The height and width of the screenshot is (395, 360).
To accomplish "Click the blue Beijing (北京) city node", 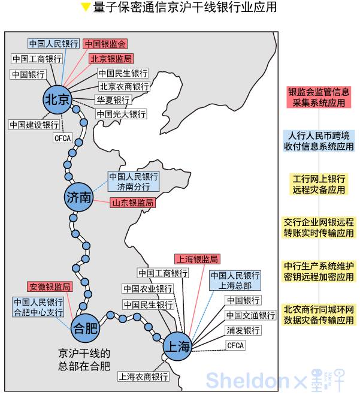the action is point(58,99).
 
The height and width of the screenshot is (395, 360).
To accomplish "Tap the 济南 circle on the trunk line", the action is point(78,197).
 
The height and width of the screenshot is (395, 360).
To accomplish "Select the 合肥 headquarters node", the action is point(84,327).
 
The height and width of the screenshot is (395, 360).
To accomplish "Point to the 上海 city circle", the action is point(177,346).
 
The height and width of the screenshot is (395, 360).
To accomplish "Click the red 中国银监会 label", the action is point(105,44).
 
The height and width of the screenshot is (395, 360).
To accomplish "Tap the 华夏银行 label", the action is point(112,100).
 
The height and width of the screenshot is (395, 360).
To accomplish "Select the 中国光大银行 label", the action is point(120,114).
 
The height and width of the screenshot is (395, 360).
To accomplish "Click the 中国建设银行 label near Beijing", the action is point(34,125).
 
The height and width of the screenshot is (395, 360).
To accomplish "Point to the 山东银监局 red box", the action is point(132,203).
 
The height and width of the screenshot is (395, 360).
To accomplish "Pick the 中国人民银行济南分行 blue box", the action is point(134,182).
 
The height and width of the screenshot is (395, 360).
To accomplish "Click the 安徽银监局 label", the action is point(50,287).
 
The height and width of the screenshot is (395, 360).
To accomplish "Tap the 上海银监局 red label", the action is point(197,259).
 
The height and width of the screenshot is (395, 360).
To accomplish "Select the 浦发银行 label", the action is point(243,330).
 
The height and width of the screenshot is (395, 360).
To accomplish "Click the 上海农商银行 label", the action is point(143,376).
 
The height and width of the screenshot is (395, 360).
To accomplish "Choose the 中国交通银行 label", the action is point(250,315).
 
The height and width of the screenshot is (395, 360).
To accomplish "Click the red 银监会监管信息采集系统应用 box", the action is point(319,97).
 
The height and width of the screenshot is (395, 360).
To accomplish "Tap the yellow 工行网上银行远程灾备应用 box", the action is point(319,184).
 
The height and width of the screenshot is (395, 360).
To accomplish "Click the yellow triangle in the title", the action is point(86,8).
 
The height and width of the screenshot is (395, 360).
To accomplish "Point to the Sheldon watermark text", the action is point(246,380).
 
